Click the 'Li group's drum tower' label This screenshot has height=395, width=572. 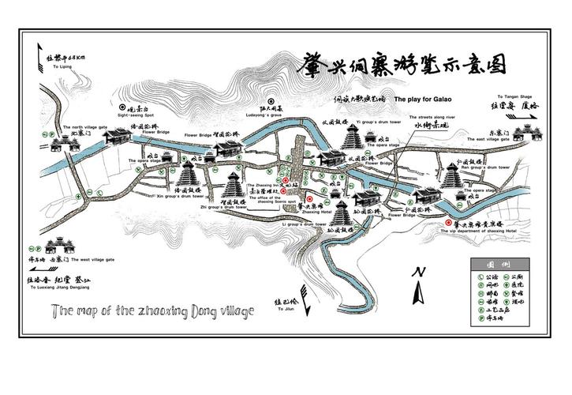pyautogui.click(x=304, y=225)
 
